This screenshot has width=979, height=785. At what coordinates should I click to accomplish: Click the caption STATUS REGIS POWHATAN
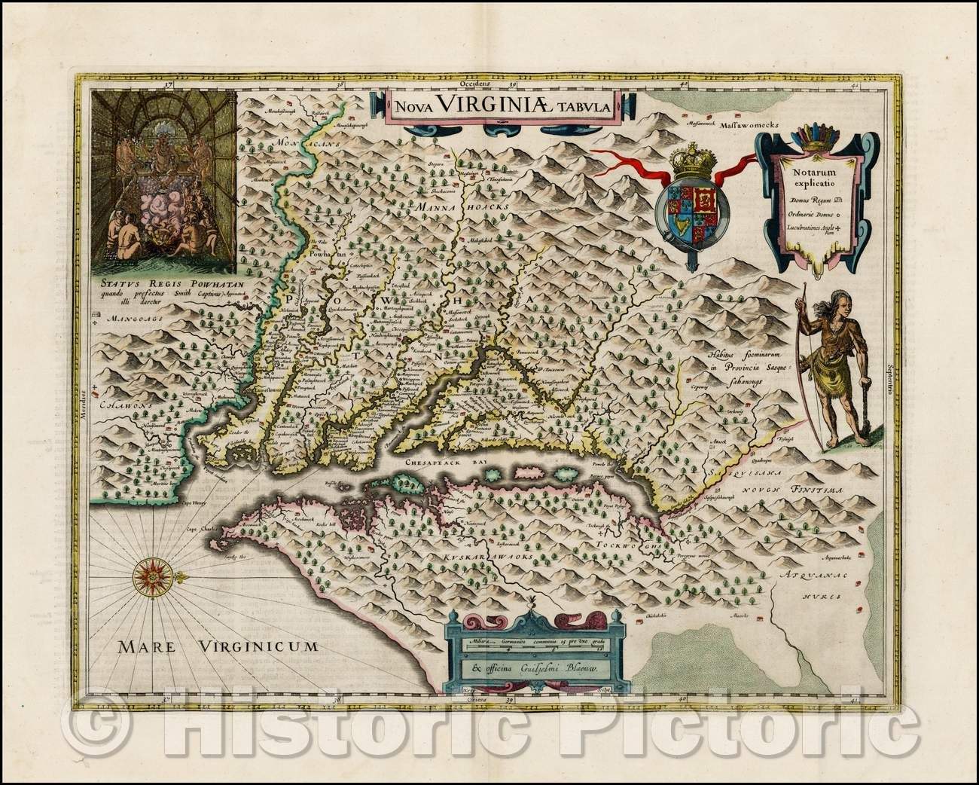[166, 285]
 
